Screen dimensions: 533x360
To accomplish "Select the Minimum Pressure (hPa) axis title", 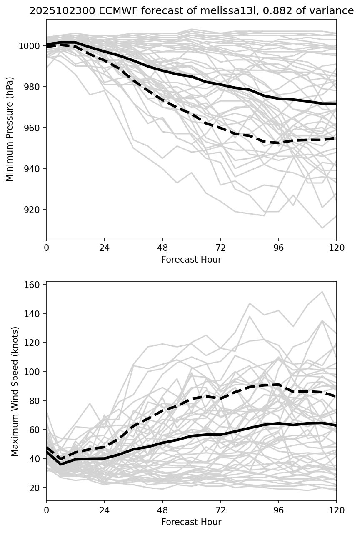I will coord(10,129).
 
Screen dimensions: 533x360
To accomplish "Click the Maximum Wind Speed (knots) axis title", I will coord(15,391).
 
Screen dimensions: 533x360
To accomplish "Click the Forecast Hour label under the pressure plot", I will coord(191,260).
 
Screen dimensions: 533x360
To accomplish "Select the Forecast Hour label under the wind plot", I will coord(191,522).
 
